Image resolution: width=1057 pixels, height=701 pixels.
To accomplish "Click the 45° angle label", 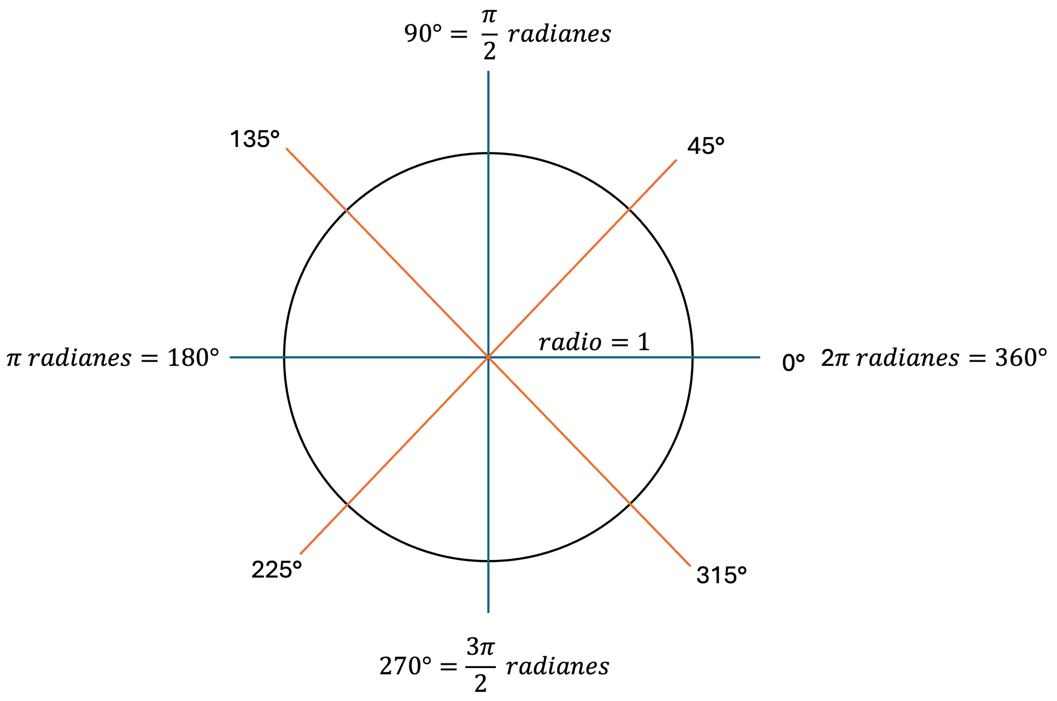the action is pyautogui.click(x=705, y=146).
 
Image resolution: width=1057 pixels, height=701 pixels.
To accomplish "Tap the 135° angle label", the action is pyautogui.click(x=254, y=139).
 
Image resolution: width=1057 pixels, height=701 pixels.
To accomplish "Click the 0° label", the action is pyautogui.click(x=793, y=363).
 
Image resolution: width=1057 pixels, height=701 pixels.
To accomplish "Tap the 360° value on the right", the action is pyautogui.click(x=1021, y=358).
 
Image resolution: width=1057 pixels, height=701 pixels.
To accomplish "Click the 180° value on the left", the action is pyautogui.click(x=193, y=358).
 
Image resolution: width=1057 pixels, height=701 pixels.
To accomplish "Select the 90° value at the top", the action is pyautogui.click(x=423, y=33).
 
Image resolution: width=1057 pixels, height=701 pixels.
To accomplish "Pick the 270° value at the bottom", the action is pyautogui.click(x=405, y=666).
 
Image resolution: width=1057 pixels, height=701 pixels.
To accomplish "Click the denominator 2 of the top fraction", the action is pyautogui.click(x=489, y=50).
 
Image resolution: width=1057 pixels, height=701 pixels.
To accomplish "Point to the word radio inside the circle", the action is pyautogui.click(x=570, y=342).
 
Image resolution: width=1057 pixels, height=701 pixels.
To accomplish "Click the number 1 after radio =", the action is pyautogui.click(x=643, y=342).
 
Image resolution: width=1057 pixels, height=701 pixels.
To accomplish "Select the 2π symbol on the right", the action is pyautogui.click(x=835, y=358).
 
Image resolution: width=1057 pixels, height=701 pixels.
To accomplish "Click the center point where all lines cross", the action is pyautogui.click(x=488, y=357).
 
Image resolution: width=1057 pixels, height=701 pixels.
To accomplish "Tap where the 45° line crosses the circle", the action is pyautogui.click(x=629, y=209).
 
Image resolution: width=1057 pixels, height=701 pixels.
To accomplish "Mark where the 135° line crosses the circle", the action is pyautogui.click(x=347, y=210).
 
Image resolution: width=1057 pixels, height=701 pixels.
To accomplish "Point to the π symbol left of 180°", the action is pyautogui.click(x=14, y=359).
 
